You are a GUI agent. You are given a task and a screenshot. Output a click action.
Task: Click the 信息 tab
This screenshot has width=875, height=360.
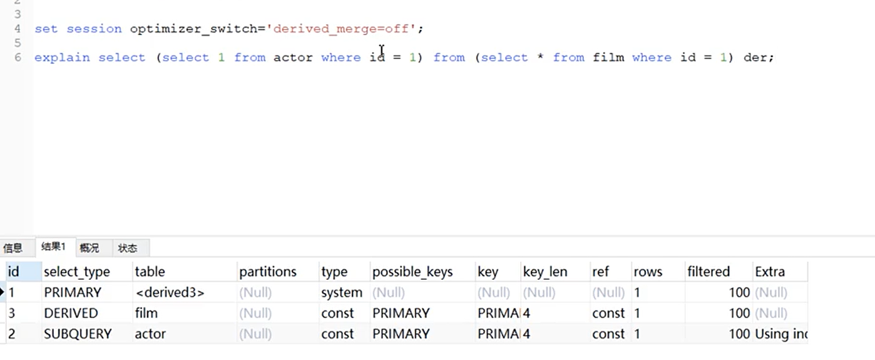(13, 248)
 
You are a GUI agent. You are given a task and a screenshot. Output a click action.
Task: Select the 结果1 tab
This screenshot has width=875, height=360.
(53, 247)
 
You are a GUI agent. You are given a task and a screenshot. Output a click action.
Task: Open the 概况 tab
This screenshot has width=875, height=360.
(90, 248)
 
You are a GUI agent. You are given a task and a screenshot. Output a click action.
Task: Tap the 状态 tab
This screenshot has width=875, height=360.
(128, 248)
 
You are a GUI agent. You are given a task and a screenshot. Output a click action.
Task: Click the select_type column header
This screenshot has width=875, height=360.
(76, 272)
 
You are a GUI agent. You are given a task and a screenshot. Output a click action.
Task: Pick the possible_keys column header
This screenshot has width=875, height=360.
(412, 272)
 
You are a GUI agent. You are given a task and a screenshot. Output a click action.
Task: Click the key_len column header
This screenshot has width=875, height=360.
(545, 272)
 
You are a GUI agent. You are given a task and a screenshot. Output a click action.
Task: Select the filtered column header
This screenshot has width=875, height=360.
(709, 272)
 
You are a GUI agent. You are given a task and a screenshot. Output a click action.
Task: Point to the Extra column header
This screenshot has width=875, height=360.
(770, 272)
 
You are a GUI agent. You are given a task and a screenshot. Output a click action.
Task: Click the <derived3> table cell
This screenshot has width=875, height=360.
(170, 292)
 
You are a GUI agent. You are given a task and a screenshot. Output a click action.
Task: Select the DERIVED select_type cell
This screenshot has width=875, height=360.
(71, 313)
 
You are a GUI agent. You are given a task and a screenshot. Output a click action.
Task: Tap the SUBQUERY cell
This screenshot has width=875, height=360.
(78, 334)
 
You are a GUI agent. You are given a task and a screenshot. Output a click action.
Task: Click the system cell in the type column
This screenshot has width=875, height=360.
(342, 292)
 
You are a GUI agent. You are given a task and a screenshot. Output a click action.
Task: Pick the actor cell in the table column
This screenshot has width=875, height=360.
(150, 334)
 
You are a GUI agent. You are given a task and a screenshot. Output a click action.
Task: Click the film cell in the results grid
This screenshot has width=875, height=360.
(146, 313)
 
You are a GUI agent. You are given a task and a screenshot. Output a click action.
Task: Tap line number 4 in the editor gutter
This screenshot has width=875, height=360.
(17, 29)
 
